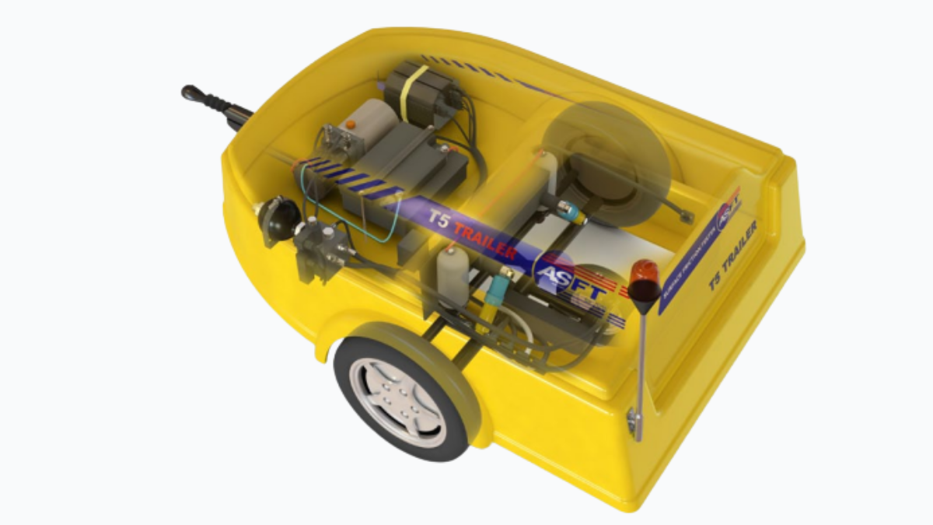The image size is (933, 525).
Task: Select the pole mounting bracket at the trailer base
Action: [x=636, y=423]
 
